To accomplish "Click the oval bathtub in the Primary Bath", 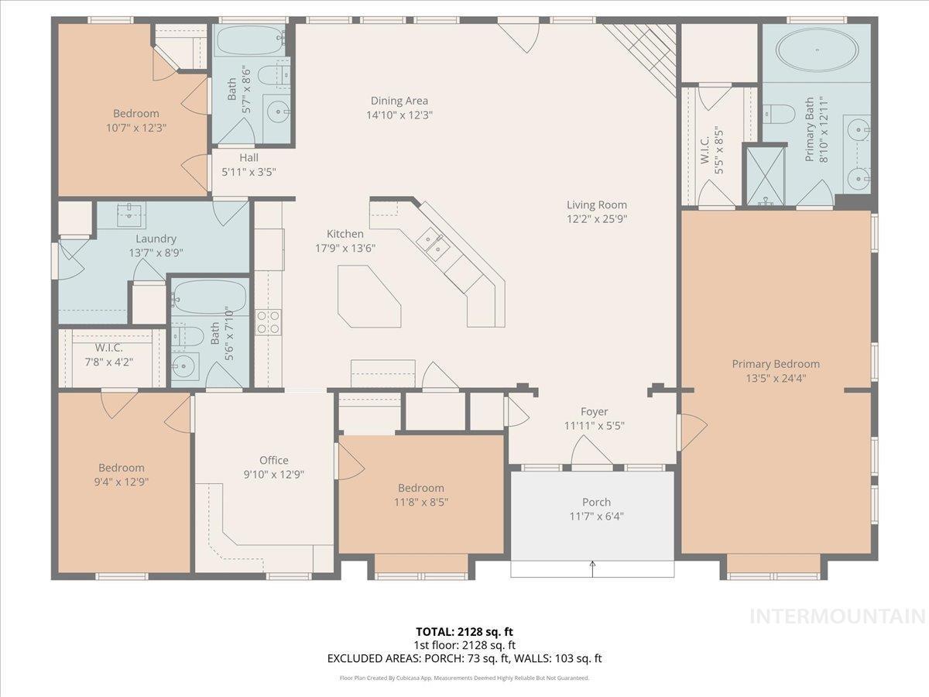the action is tap(818, 50).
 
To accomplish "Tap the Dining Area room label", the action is tap(399, 101).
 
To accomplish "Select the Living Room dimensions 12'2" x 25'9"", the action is tap(597, 219).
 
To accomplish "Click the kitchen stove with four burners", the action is tap(269, 322).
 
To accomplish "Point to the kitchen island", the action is tap(369, 297).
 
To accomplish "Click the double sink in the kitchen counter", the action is tap(433, 245).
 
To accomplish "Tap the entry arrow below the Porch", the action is tap(592, 568).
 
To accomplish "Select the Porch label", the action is tap(596, 502).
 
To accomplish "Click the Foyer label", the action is tap(595, 411).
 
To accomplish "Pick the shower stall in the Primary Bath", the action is tap(766, 176).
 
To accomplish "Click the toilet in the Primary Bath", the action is tap(779, 114).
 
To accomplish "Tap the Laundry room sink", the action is tap(129, 215).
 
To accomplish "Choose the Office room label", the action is tap(274, 460).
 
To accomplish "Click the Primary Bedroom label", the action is tap(776, 364).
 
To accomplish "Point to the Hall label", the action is tap(249, 158).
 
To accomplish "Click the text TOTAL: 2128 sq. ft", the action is tap(464, 632).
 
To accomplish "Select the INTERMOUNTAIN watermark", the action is tap(838, 616).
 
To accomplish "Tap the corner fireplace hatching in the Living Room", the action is tap(640, 60).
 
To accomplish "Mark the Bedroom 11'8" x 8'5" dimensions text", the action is tap(421, 503).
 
